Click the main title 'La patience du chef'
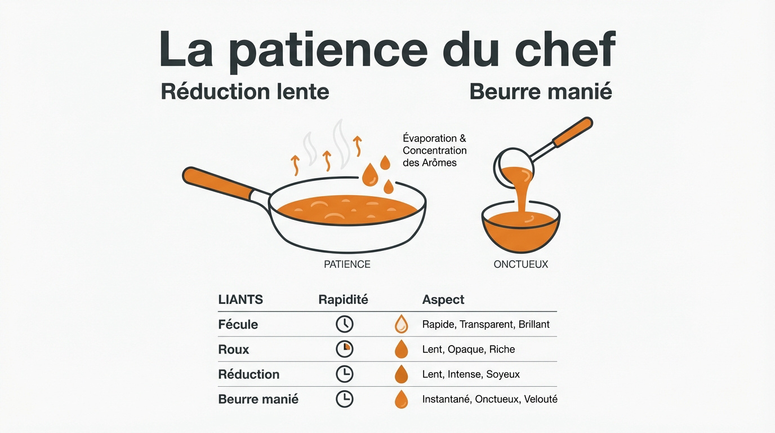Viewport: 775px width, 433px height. click(x=387, y=50)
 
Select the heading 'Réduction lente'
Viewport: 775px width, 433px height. click(x=245, y=91)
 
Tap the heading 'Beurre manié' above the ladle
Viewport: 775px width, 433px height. click(x=541, y=91)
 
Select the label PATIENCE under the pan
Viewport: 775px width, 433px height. click(x=347, y=264)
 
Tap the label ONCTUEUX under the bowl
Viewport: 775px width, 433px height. click(x=520, y=264)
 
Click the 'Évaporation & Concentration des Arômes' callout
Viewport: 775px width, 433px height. click(x=434, y=150)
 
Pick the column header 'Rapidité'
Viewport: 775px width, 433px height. click(x=343, y=300)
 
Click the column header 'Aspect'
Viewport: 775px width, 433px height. click(x=443, y=300)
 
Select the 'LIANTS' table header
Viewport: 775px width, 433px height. click(x=240, y=300)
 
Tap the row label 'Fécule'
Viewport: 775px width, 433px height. click(x=238, y=325)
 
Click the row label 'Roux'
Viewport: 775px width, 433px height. click(x=234, y=350)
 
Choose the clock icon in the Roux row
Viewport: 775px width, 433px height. click(x=344, y=349)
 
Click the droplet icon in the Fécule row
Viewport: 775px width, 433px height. click(x=401, y=325)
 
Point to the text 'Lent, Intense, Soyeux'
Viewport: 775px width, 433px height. click(x=471, y=374)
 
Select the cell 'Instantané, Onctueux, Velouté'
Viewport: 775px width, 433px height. click(x=489, y=399)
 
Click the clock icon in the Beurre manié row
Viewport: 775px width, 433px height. click(x=344, y=399)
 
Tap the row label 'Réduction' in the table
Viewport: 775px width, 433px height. click(x=249, y=374)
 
